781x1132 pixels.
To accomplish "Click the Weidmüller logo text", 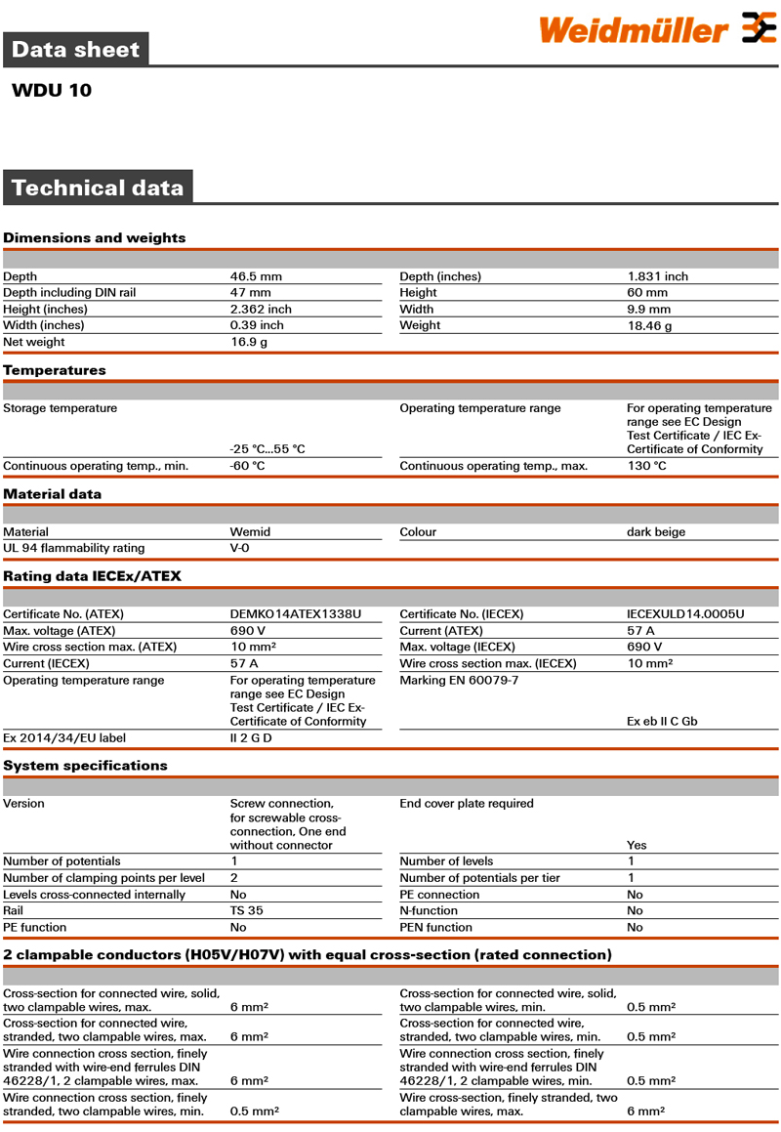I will [x=634, y=30].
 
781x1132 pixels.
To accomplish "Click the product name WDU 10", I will [x=52, y=91].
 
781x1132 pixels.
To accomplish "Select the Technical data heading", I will [x=97, y=188].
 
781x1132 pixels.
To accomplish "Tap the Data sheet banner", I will [x=75, y=49].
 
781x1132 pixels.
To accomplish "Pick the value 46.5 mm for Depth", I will [x=256, y=276].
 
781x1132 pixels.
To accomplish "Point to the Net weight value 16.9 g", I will [x=249, y=342].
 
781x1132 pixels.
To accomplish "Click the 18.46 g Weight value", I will [x=649, y=326].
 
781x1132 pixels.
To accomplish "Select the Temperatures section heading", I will [x=55, y=370].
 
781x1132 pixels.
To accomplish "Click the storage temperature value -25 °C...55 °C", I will [x=267, y=449].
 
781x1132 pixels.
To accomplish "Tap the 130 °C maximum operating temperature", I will [x=646, y=466].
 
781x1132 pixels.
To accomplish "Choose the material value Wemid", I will [x=250, y=532].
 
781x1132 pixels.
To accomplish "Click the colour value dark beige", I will [x=656, y=532].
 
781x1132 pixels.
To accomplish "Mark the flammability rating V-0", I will [x=240, y=548].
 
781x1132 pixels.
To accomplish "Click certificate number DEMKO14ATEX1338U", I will [x=295, y=614].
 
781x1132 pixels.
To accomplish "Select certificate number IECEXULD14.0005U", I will [x=685, y=614].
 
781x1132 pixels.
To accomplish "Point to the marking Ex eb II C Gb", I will [x=662, y=722].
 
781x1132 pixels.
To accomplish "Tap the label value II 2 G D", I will [x=251, y=738].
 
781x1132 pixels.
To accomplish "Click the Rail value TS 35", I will [x=246, y=910].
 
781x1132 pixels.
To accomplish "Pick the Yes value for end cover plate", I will [x=637, y=845].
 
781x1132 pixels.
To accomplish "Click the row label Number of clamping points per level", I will [x=104, y=878].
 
